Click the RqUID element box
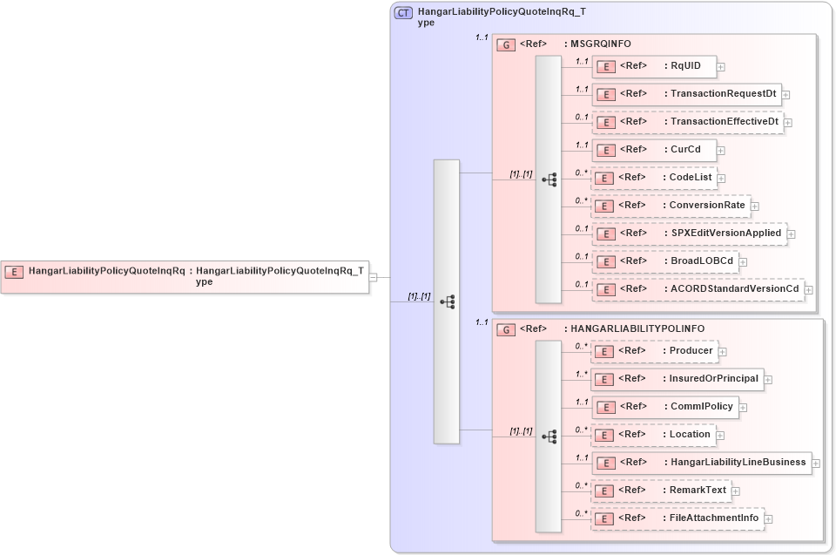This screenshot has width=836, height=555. coord(654,66)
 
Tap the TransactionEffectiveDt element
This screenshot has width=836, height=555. coord(687,122)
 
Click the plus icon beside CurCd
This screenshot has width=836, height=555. coord(721,150)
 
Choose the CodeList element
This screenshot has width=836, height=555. coord(654,178)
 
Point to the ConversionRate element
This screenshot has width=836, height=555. coord(671,206)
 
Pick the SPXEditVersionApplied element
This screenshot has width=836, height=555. coord(689,234)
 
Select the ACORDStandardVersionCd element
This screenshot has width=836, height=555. coord(698,289)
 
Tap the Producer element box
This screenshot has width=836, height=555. coord(654,351)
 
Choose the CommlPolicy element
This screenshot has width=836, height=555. coord(666,407)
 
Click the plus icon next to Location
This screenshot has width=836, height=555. coord(720,435)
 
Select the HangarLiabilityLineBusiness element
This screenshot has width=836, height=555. coord(702,463)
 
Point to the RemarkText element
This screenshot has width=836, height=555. coord(661,491)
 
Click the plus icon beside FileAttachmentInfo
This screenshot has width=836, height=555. coord(769,519)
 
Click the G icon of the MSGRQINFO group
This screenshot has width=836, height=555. coord(505,44)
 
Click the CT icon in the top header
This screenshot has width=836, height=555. coord(403,13)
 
